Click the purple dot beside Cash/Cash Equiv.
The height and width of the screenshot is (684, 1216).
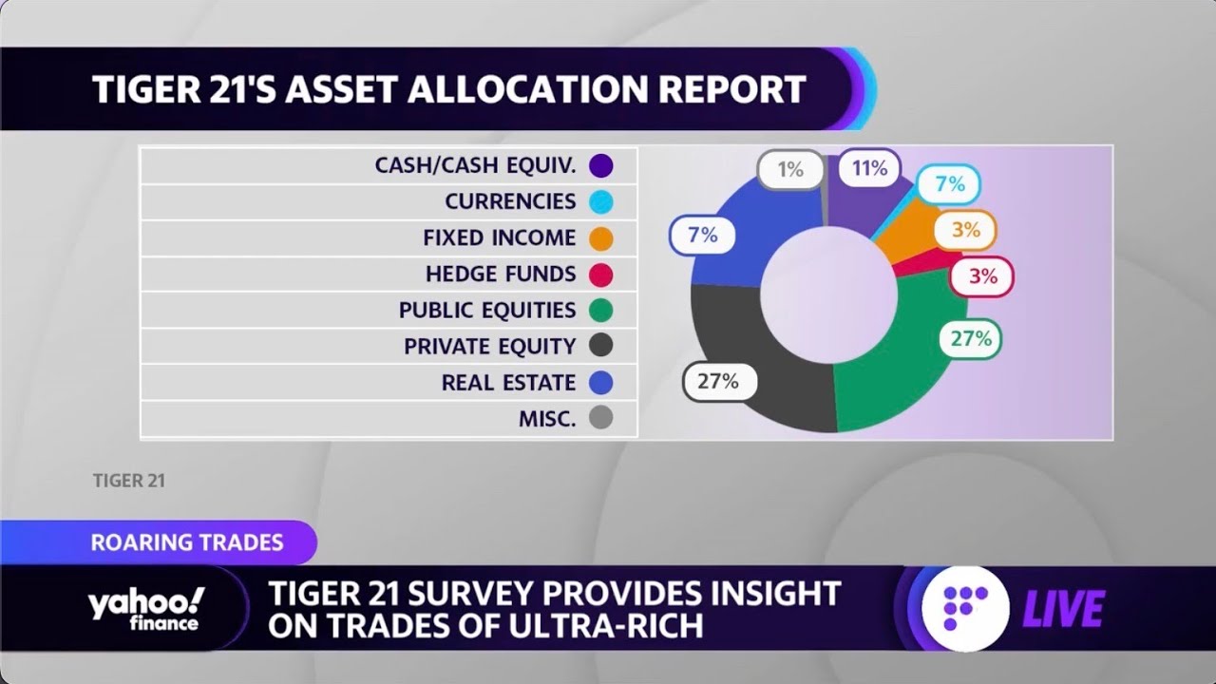600,166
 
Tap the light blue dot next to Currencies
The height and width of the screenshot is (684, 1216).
600,202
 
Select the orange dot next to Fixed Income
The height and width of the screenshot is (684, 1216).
600,238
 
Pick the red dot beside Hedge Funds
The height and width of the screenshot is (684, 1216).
600,275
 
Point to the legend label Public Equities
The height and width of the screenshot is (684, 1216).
487,311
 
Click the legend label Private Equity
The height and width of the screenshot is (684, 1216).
489,347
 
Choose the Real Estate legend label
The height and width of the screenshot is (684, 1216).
508,383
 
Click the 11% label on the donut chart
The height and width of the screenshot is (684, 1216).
869,168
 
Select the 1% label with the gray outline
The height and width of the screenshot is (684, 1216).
790,170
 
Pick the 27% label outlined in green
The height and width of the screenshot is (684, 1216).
971,338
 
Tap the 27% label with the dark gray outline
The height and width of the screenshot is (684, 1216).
718,381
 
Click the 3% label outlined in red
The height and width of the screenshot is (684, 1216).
982,276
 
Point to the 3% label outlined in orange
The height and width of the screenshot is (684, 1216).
964,229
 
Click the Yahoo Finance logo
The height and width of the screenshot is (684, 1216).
145,608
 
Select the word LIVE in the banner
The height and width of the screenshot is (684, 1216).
1063,609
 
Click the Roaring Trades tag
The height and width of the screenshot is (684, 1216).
186,542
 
